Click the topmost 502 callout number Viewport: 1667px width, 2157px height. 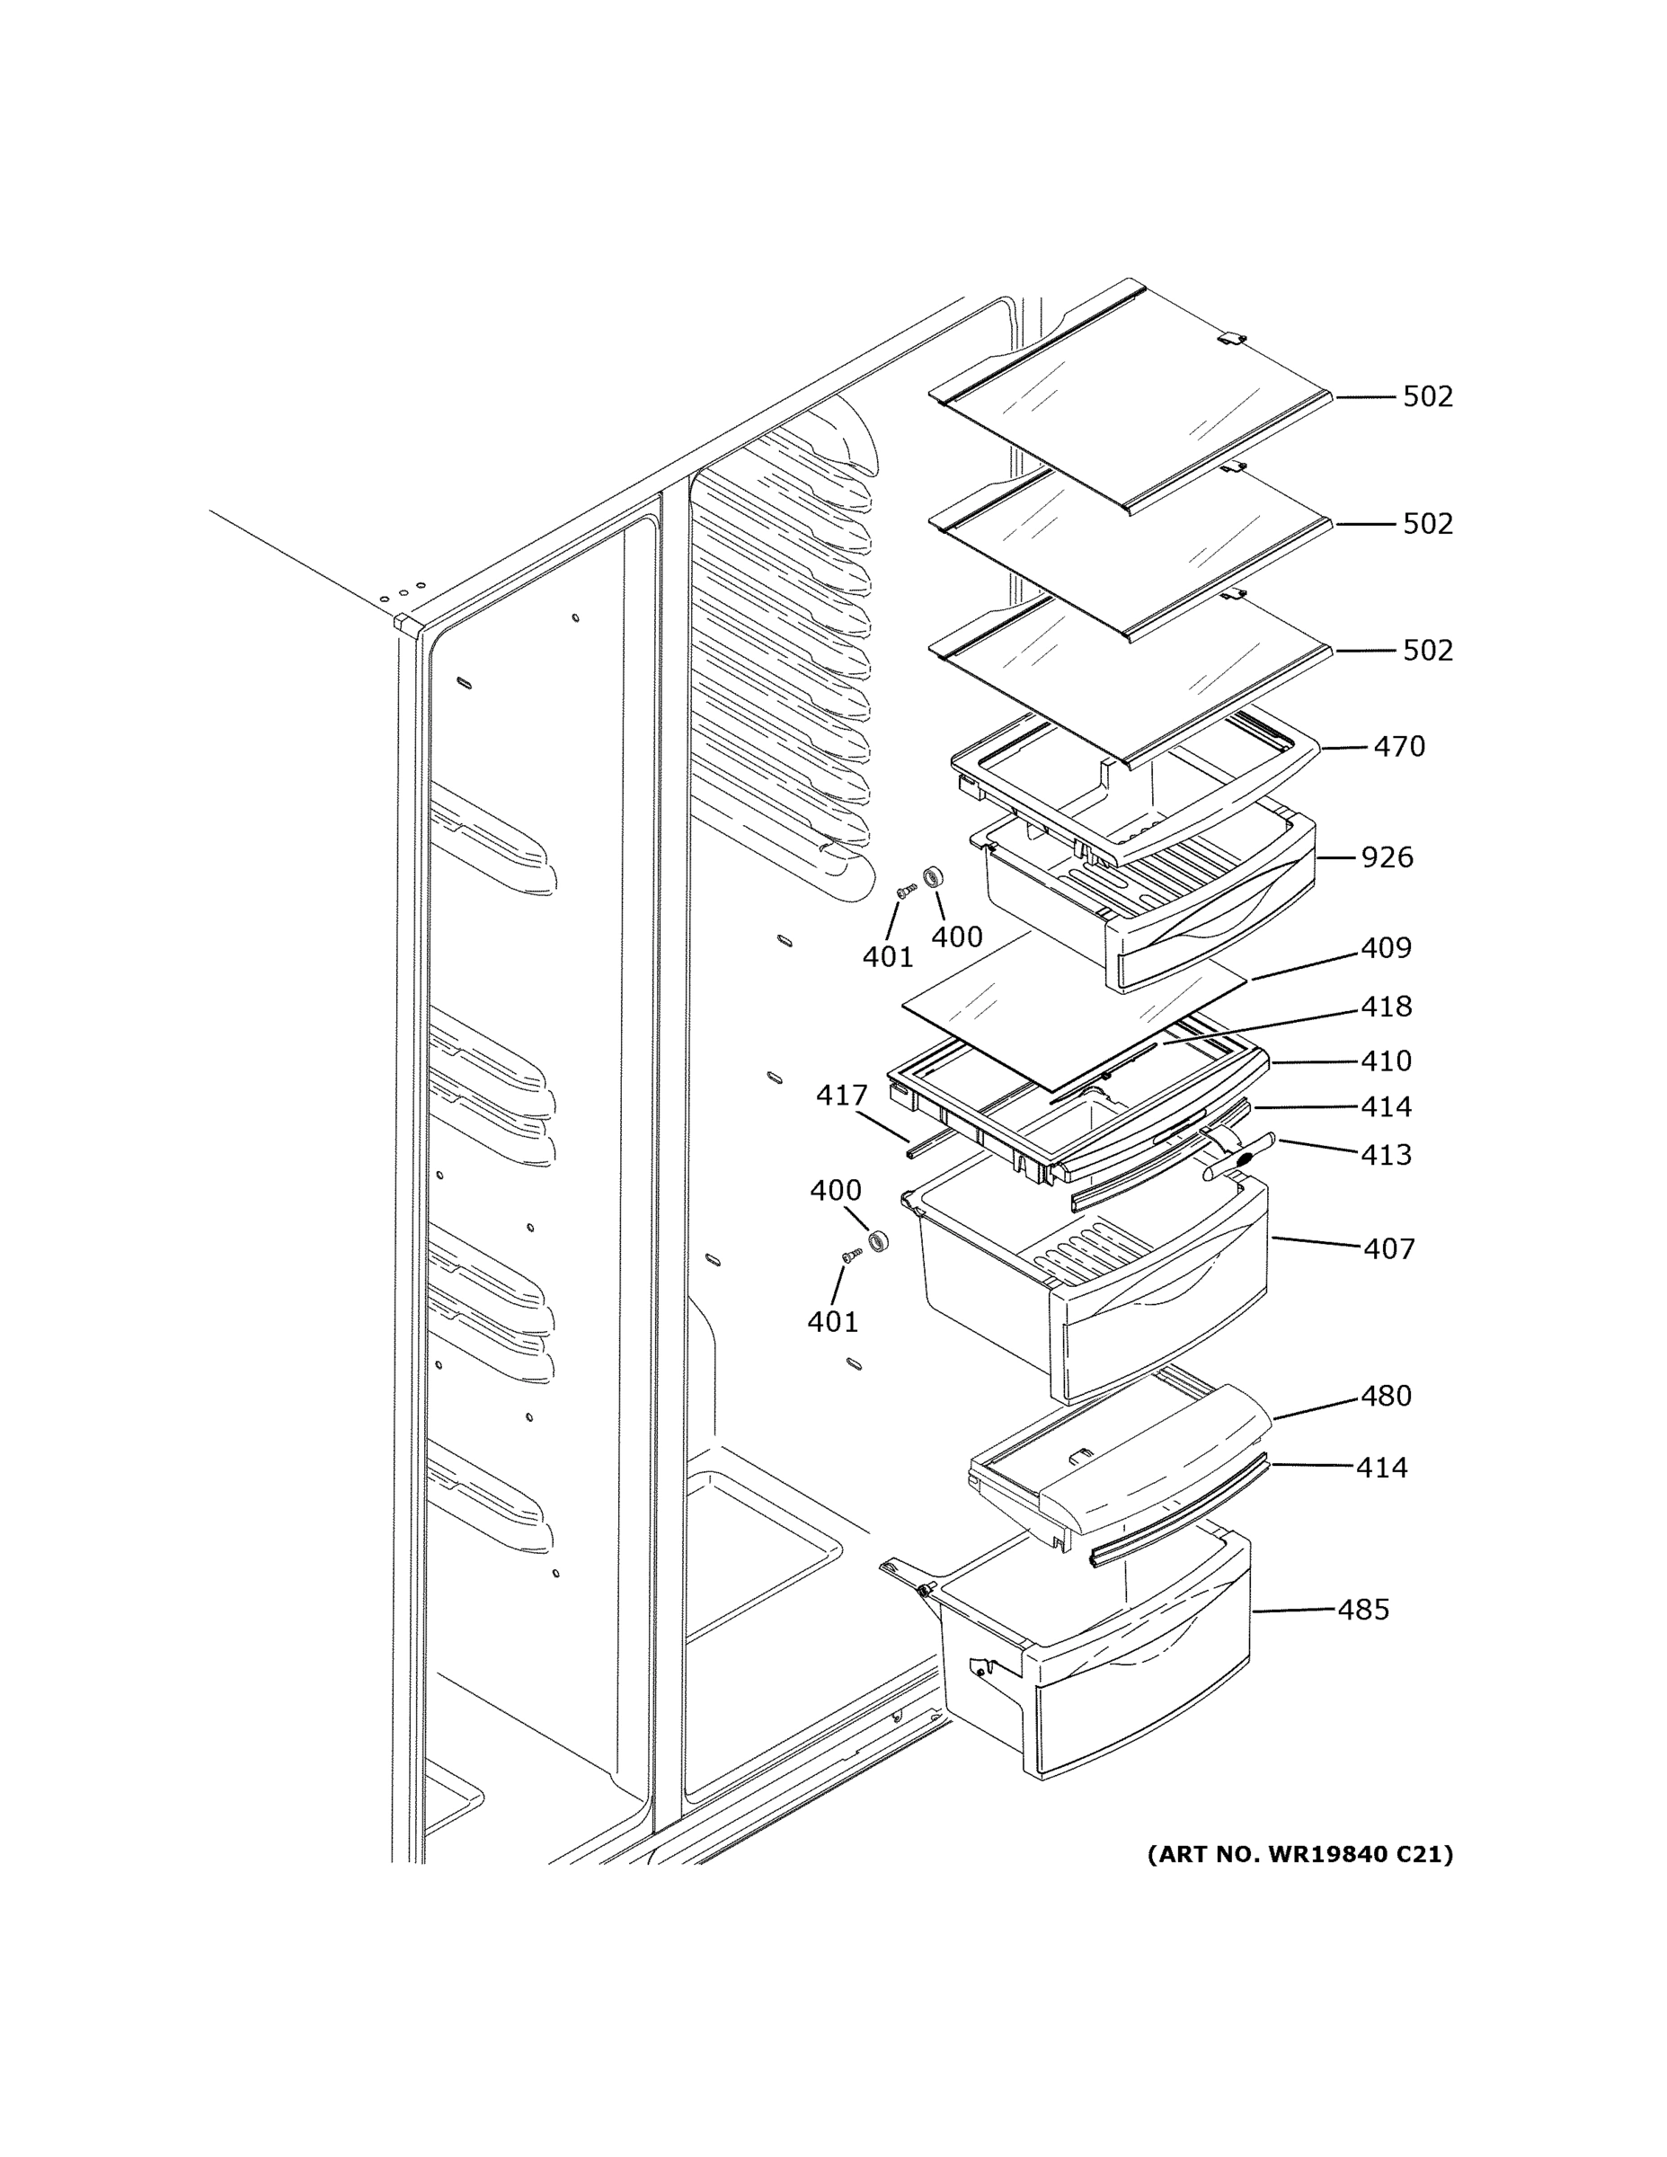[x=1427, y=397]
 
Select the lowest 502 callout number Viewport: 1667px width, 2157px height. [x=1427, y=651]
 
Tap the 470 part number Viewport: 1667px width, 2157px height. [x=1398, y=747]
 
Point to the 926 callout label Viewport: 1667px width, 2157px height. [x=1387, y=857]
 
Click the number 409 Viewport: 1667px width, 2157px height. [x=1386, y=948]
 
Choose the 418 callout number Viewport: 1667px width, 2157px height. [x=1386, y=1007]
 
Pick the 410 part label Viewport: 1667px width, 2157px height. [x=1386, y=1061]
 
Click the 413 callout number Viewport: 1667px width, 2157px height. [x=1386, y=1155]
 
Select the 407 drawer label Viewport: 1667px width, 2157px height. [x=1388, y=1249]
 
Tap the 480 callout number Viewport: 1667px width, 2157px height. [x=1386, y=1396]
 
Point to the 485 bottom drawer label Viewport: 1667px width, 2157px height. [x=1363, y=1610]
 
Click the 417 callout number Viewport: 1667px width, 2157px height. [x=841, y=1096]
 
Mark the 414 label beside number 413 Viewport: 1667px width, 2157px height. [x=1386, y=1107]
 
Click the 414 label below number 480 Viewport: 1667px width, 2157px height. [x=1380, y=1468]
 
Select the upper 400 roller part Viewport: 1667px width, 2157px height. [x=930, y=876]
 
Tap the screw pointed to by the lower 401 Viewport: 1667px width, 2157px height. [x=850, y=1255]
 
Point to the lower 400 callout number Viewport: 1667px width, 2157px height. [x=836, y=1190]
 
